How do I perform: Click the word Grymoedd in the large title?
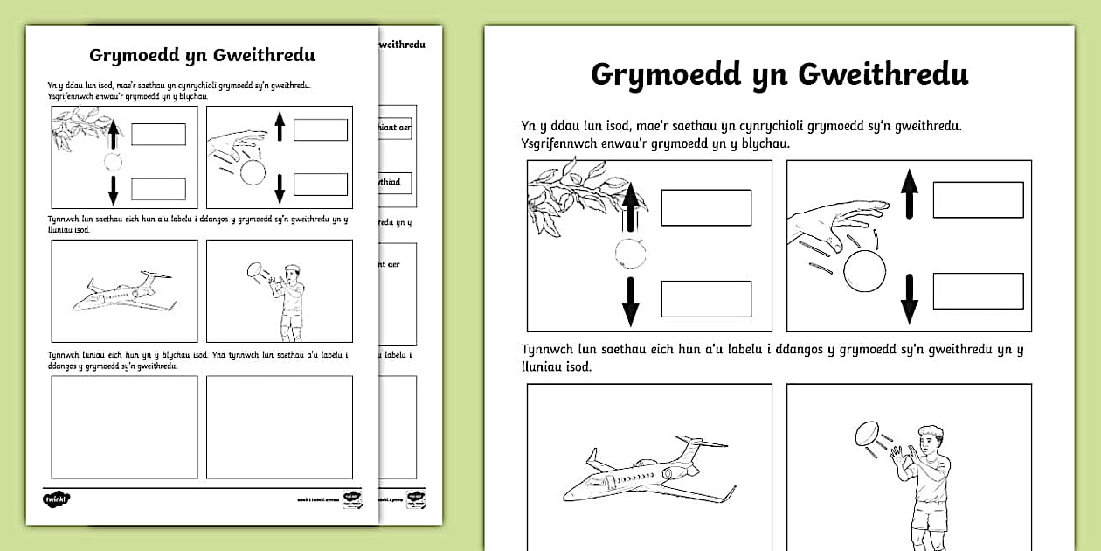click(x=661, y=74)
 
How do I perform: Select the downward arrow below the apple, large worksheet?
click(x=630, y=300)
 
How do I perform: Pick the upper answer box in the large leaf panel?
click(x=706, y=207)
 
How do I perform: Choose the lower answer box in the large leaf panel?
click(x=706, y=299)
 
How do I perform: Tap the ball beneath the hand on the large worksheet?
click(x=864, y=272)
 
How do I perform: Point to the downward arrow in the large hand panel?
click(x=910, y=298)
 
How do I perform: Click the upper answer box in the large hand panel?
click(x=978, y=199)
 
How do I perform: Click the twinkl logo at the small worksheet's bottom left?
click(x=56, y=499)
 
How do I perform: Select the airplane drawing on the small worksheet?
click(x=122, y=291)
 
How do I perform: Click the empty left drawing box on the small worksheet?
click(x=124, y=426)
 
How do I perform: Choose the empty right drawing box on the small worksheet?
click(x=279, y=426)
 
